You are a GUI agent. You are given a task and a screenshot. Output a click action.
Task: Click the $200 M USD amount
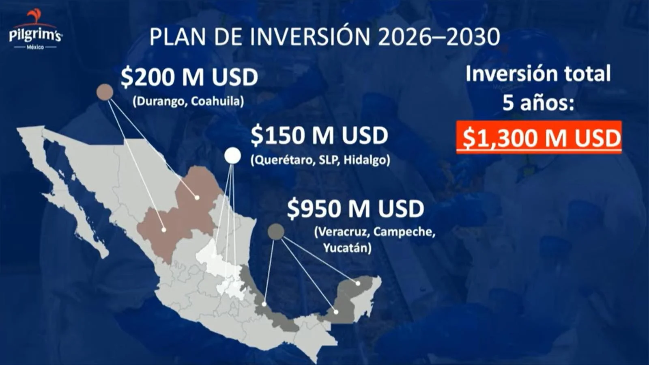pos(189,78)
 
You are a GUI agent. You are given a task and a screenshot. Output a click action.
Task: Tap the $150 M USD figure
pos(319,135)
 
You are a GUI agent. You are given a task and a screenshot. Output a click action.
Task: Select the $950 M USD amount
pos(355,208)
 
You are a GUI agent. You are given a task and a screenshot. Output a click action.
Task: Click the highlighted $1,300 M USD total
pos(539,137)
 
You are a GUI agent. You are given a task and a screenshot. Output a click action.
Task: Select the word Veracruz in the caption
pos(342,232)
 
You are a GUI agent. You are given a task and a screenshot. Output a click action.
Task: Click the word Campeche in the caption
pos(404,232)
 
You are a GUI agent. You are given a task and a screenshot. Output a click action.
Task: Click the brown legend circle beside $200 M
pos(105,92)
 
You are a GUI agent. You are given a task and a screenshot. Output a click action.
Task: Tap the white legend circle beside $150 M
pos(232,156)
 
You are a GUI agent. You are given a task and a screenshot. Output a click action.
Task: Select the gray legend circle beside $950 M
pos(276,232)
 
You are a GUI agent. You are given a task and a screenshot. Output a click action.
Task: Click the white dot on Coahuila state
pos(197,198)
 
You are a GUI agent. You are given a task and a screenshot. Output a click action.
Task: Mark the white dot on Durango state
pos(164,230)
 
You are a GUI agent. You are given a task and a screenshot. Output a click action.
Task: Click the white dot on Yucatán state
pos(358,283)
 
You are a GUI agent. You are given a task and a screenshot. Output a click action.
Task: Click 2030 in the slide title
pos(473,37)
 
